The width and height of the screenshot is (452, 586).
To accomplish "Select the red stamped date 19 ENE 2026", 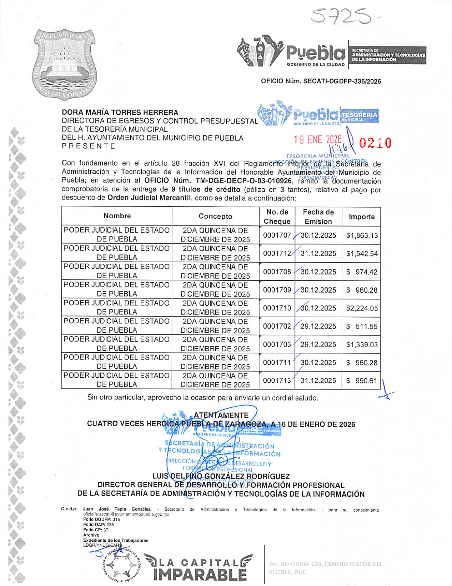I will pyautogui.click(x=317, y=139).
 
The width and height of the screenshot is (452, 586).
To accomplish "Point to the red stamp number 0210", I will pyautogui.click(x=375, y=143).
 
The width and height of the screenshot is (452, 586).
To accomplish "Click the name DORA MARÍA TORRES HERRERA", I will pyautogui.click(x=120, y=113).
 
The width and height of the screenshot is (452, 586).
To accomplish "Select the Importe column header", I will pyautogui.click(x=361, y=217).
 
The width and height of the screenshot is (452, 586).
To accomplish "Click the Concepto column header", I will pyautogui.click(x=215, y=216).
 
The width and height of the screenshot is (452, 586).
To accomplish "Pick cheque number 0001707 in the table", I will pyautogui.click(x=277, y=235).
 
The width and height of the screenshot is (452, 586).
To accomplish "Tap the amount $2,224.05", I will pyautogui.click(x=361, y=308).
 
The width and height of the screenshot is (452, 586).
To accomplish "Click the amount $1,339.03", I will pyautogui.click(x=361, y=344).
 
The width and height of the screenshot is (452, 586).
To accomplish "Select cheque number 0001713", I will pyautogui.click(x=277, y=381).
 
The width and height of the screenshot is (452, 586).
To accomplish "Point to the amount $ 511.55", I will pyautogui.click(x=361, y=326).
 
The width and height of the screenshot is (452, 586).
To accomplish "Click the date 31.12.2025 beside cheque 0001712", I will pyautogui.click(x=318, y=253).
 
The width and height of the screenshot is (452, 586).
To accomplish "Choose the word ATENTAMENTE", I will pyautogui.click(x=221, y=415).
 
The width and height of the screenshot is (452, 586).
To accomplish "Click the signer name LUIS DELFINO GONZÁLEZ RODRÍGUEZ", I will pyautogui.click(x=221, y=476).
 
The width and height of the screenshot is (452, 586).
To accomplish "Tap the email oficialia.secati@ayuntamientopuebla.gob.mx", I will pyautogui.click(x=126, y=514).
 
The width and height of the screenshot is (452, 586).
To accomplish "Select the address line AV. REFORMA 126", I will pyautogui.click(x=326, y=564).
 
